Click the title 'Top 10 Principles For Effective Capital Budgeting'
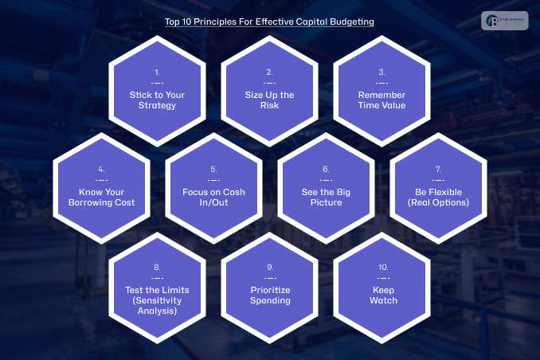click(x=269, y=23)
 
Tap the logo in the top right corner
click(x=504, y=22)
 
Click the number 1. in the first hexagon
click(x=157, y=72)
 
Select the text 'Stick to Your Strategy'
click(x=157, y=100)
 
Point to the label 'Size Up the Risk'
click(x=269, y=100)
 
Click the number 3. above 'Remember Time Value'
click(x=382, y=72)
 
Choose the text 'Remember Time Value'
click(x=382, y=100)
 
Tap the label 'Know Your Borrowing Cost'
click(x=101, y=198)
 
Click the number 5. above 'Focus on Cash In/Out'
click(x=213, y=170)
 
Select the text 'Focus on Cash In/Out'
click(x=213, y=198)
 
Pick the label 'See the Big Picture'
click(x=326, y=198)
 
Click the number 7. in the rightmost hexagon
click(x=437, y=170)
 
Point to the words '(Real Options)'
click(x=437, y=202)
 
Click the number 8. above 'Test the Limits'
click(x=157, y=267)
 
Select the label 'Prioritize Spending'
click(x=269, y=295)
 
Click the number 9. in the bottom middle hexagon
click(x=269, y=267)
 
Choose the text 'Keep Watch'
click(x=382, y=295)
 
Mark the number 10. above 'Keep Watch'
click(x=382, y=267)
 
